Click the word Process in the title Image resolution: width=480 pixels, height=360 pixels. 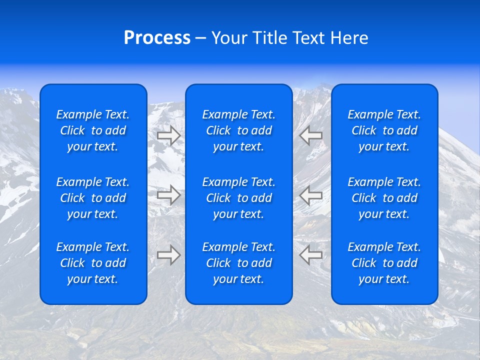157,38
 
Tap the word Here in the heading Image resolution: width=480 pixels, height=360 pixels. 349,38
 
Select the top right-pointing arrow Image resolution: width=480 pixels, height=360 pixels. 169,135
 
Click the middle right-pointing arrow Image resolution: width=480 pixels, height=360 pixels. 169,195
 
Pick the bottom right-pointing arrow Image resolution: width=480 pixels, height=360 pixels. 169,255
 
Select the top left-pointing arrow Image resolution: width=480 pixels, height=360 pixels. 311,134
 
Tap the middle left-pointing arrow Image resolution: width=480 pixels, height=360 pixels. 311,195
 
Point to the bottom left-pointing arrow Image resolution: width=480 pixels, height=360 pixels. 311,255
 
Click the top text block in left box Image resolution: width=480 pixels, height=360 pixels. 93,130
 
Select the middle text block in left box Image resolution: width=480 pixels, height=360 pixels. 93,198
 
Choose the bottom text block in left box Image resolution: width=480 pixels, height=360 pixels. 93,263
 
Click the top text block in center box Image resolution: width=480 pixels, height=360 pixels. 239,130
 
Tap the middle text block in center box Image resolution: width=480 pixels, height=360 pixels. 239,198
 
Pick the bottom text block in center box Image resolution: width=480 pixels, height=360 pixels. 239,263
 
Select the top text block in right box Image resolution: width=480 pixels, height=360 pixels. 384,130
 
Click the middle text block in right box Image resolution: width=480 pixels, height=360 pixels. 384,198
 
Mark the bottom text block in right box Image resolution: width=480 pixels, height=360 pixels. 384,263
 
